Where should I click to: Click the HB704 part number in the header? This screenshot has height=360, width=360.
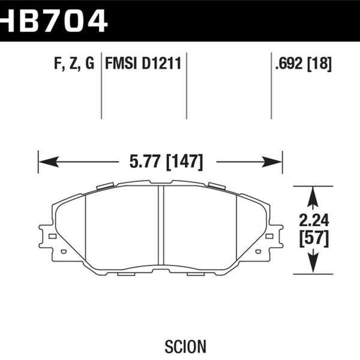54,20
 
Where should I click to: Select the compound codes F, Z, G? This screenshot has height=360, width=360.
74,64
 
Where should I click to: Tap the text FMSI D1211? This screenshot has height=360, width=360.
143,63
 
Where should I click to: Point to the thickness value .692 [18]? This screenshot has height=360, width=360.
303,64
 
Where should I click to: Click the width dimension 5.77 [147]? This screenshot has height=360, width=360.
166,162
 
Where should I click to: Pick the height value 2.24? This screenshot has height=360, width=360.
314,220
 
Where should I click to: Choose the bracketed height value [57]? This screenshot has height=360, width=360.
314,239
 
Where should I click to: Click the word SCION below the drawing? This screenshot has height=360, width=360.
185,346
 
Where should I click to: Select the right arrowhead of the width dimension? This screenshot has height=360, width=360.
272,162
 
